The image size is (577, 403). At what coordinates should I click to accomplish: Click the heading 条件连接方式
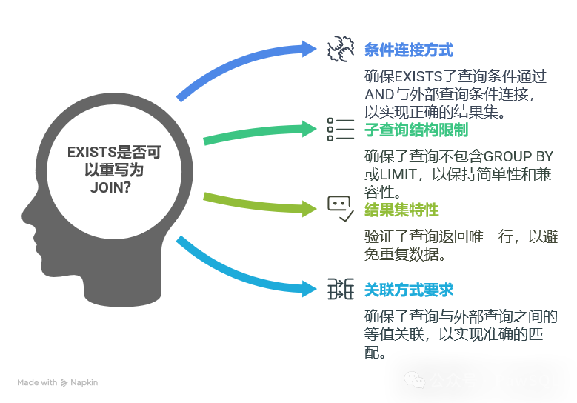tap(409, 50)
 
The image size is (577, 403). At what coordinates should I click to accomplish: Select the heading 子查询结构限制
tap(416, 130)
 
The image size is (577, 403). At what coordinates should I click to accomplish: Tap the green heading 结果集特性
tap(401, 210)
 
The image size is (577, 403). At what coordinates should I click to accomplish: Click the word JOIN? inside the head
tap(110, 187)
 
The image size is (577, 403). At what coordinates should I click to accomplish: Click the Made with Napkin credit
tap(58, 383)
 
